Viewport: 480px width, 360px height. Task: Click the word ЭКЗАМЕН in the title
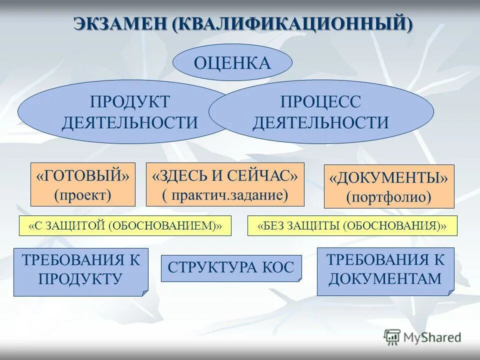(120, 24)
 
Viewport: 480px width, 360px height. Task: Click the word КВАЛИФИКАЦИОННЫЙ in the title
(292, 24)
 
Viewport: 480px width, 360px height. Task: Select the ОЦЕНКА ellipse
(232, 63)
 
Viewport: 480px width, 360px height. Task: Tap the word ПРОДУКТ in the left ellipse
(129, 102)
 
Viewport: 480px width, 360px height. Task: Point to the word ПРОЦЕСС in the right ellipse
(320, 102)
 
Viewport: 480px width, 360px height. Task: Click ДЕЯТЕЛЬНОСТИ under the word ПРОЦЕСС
(320, 122)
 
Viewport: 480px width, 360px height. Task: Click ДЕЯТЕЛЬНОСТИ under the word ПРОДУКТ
(129, 122)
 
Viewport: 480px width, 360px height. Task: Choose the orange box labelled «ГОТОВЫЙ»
(82, 184)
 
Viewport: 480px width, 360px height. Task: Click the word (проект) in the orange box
(82, 194)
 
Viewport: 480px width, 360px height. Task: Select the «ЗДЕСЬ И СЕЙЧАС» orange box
(225, 184)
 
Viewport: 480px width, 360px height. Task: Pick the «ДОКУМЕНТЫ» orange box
(389, 186)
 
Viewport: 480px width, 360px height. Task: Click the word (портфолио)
(389, 196)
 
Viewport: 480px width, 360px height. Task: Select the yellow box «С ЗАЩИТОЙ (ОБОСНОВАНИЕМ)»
(125, 226)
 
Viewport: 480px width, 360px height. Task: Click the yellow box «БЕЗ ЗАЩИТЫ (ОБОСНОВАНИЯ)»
(352, 226)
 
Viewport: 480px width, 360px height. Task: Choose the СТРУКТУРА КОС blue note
(231, 267)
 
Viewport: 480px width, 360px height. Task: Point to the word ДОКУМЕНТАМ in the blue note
(385, 278)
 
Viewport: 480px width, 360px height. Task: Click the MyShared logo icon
(392, 336)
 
